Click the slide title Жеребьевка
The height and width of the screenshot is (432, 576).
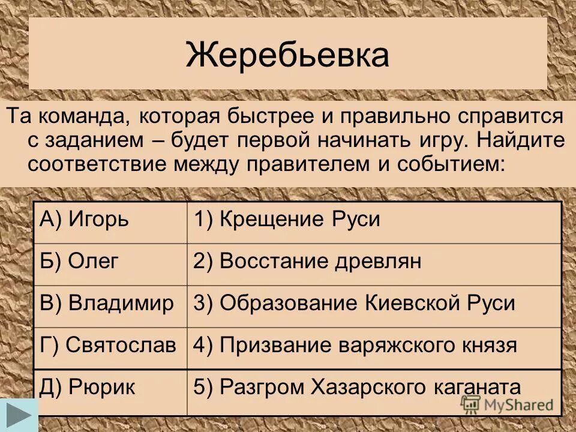[x=287, y=55]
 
